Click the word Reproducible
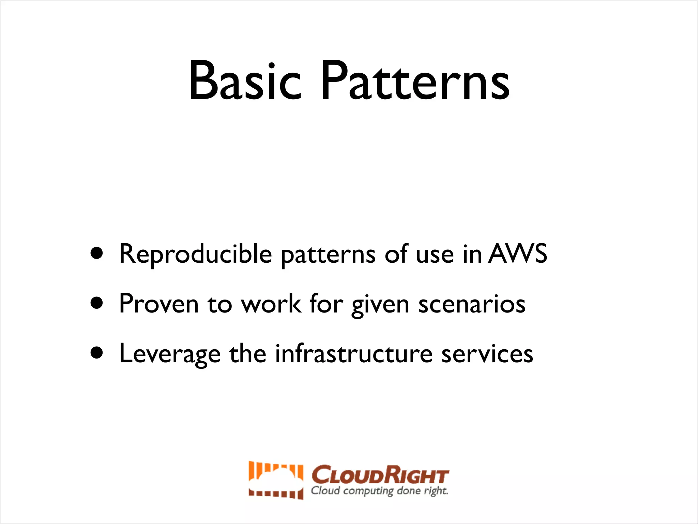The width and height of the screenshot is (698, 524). (x=195, y=254)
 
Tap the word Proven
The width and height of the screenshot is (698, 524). (x=159, y=304)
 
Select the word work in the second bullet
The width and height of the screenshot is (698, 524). (x=271, y=304)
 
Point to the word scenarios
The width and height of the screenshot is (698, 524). (x=472, y=304)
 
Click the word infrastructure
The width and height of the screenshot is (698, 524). (x=354, y=354)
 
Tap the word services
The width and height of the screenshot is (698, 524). (x=487, y=354)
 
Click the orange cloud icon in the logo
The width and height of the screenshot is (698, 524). (x=276, y=480)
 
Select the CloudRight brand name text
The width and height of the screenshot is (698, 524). (x=380, y=475)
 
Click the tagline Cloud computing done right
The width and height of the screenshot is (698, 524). (x=379, y=491)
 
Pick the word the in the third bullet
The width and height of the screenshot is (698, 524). (x=248, y=354)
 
